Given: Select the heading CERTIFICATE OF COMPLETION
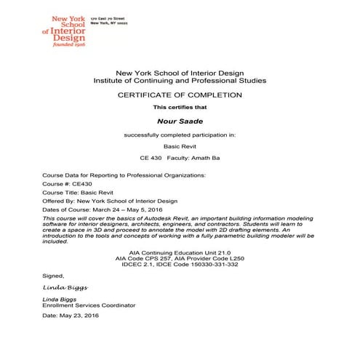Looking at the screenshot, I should (x=180, y=95).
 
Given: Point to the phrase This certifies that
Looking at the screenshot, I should (x=180, y=108).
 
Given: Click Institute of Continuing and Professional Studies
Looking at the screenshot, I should (x=180, y=81).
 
